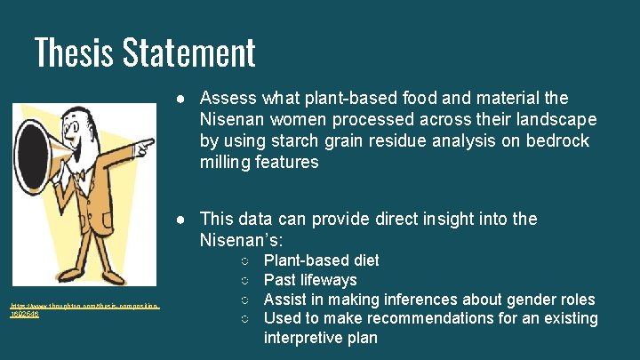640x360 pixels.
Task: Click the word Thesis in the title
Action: coord(73,52)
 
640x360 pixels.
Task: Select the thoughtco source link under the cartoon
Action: coord(84,310)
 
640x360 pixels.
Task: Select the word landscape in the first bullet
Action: coord(551,119)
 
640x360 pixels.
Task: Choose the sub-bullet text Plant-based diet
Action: coord(321,260)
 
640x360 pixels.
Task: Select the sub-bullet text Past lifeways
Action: coord(310,280)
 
